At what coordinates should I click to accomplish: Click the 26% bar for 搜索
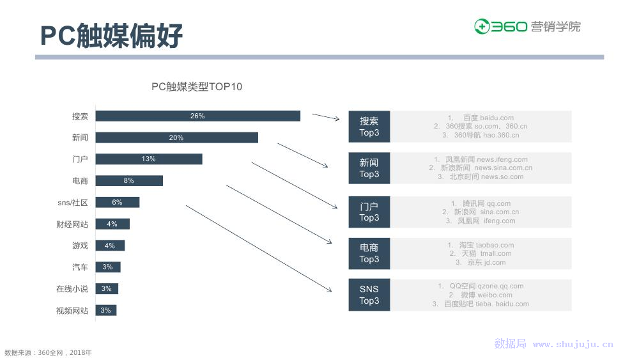(197, 116)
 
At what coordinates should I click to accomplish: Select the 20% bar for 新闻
(177, 137)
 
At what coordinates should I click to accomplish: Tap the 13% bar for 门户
(149, 159)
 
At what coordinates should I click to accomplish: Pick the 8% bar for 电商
(129, 180)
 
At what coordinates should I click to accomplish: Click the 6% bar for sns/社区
(118, 202)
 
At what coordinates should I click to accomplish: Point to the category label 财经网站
(72, 224)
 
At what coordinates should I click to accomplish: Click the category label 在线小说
(72, 288)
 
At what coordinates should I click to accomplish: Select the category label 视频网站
(72, 311)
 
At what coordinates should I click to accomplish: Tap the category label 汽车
(80, 267)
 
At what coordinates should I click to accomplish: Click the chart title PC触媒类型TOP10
(197, 86)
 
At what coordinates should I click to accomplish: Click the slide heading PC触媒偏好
(111, 35)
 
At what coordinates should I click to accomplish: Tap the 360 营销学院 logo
(527, 26)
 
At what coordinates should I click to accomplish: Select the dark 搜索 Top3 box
(369, 127)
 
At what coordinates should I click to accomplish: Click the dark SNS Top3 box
(369, 295)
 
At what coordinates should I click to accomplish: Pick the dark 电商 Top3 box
(369, 253)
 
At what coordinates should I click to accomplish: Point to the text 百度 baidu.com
(488, 118)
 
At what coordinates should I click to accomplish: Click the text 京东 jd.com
(486, 263)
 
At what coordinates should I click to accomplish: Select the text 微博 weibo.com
(486, 295)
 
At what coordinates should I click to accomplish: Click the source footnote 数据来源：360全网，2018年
(48, 353)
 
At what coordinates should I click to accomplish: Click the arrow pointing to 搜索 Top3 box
(326, 117)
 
